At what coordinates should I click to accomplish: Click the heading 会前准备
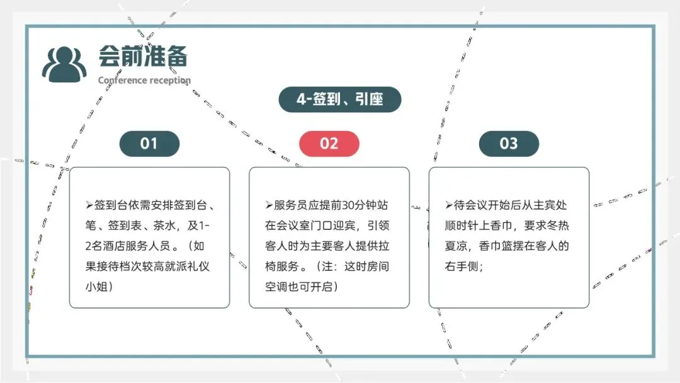coord(142,57)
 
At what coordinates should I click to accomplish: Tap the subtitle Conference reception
coord(144,80)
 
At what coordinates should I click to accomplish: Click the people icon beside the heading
coord(64,64)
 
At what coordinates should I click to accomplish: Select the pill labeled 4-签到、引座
coord(339,100)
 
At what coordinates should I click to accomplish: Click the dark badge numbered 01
coord(149,144)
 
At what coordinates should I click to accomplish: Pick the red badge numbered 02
coord(329,144)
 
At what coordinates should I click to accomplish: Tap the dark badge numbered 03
coord(509,144)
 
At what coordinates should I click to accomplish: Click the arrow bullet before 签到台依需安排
coord(89,205)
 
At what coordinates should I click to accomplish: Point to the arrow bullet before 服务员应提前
coord(269,205)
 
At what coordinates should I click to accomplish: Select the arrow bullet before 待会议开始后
coord(449,205)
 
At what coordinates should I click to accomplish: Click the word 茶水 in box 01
coord(167,226)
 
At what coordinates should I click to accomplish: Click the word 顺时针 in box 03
coord(464,226)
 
